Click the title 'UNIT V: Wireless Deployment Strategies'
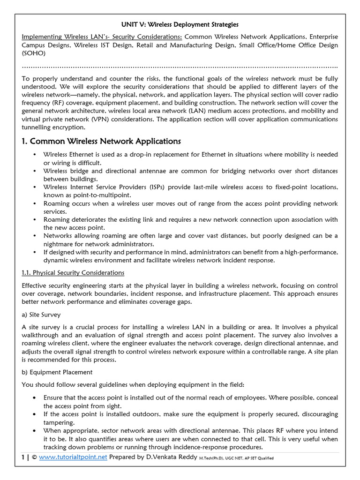pos(180,24)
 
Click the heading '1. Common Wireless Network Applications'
pos(101,141)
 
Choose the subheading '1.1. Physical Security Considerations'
pos(73,272)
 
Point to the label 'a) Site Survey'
pos(41,315)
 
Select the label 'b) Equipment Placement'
pos(57,372)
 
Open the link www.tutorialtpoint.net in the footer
pos(73,457)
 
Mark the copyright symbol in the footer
pos(34,457)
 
